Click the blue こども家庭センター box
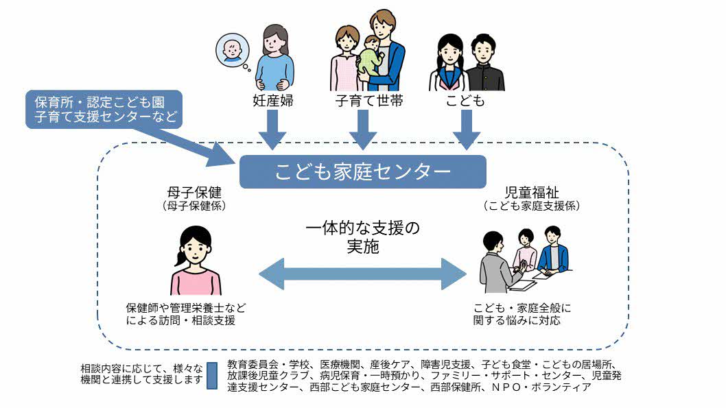(x=362, y=171)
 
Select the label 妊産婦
(x=272, y=101)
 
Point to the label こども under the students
(x=467, y=101)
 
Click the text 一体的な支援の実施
(x=362, y=237)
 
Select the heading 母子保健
(x=190, y=191)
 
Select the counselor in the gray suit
(x=498, y=264)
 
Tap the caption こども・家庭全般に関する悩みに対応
(x=522, y=314)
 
